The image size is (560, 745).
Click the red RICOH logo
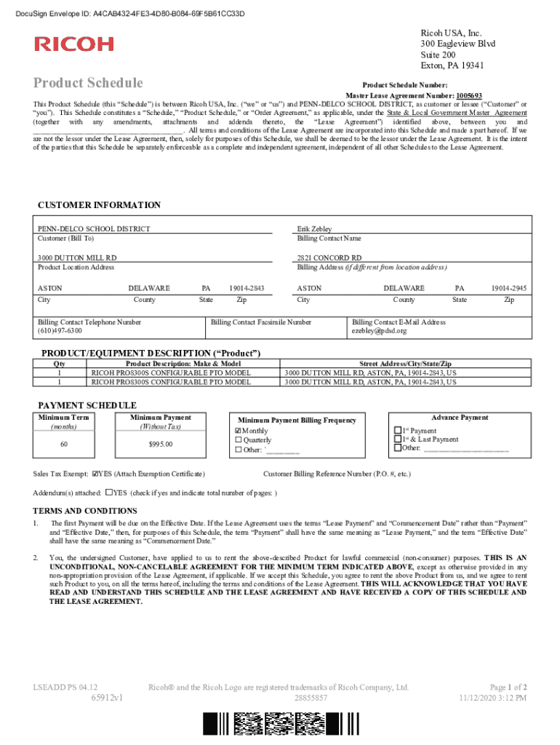click(x=74, y=44)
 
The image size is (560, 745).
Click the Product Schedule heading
click(x=88, y=83)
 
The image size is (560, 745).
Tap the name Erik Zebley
click(x=314, y=229)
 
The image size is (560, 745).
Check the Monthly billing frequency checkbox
click(x=238, y=431)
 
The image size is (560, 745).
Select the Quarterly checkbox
click(x=238, y=440)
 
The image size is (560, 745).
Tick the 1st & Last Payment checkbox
click(x=397, y=439)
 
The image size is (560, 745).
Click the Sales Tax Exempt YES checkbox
click(x=95, y=474)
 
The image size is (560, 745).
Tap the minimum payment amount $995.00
click(x=161, y=444)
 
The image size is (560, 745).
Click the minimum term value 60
click(x=64, y=444)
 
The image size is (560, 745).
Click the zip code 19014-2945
click(x=510, y=288)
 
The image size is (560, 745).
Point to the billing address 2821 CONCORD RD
click(x=329, y=258)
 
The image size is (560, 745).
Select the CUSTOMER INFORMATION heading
click(x=99, y=205)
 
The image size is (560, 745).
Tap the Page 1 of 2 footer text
click(x=508, y=687)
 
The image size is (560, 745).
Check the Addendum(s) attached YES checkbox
click(x=109, y=492)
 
